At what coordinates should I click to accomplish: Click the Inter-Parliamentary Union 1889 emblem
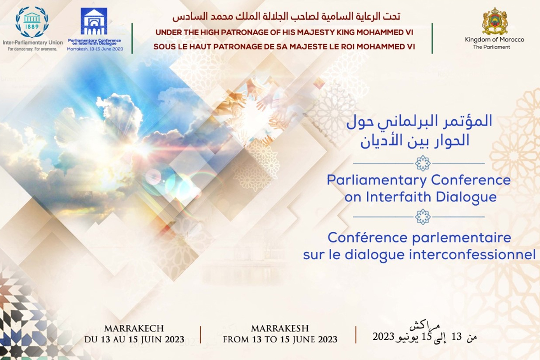click(32, 22)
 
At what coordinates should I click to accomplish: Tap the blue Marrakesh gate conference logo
click(94, 21)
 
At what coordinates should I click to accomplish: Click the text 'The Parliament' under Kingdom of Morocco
click(491, 47)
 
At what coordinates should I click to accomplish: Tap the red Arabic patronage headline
click(286, 16)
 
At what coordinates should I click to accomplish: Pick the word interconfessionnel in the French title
click(472, 255)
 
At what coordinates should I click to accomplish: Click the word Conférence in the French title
click(368, 238)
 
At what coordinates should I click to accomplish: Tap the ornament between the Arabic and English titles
click(423, 163)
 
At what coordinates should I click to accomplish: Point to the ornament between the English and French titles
click(423, 216)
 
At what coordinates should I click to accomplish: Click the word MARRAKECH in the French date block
click(134, 328)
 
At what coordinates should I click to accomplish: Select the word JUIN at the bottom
click(151, 339)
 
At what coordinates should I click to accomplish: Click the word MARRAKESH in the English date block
click(280, 328)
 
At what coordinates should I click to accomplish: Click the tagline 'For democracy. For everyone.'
click(32, 49)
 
